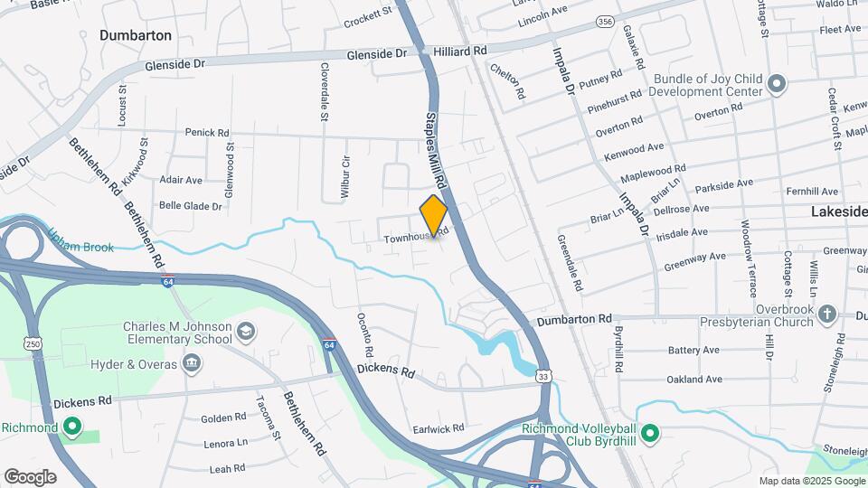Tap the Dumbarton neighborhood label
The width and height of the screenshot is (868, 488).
[x=136, y=35]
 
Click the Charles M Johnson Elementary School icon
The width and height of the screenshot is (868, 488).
[x=244, y=334]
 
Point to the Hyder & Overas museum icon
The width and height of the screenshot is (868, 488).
[x=191, y=363]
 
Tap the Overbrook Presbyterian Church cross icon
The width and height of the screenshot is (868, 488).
[x=826, y=314]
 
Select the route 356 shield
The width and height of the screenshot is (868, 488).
[x=606, y=20]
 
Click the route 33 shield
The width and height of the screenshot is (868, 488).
[x=543, y=375]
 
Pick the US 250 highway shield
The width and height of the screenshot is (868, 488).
[x=33, y=343]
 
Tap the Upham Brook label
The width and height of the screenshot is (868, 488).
[x=81, y=246]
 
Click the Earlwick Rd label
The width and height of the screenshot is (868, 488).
[x=438, y=427]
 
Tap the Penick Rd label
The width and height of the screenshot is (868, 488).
[x=207, y=132]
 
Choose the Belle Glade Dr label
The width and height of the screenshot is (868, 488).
[x=190, y=206]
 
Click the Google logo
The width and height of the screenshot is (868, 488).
[x=30, y=476]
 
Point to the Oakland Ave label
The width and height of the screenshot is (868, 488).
[x=694, y=380]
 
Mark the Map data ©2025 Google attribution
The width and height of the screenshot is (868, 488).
[x=811, y=481]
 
